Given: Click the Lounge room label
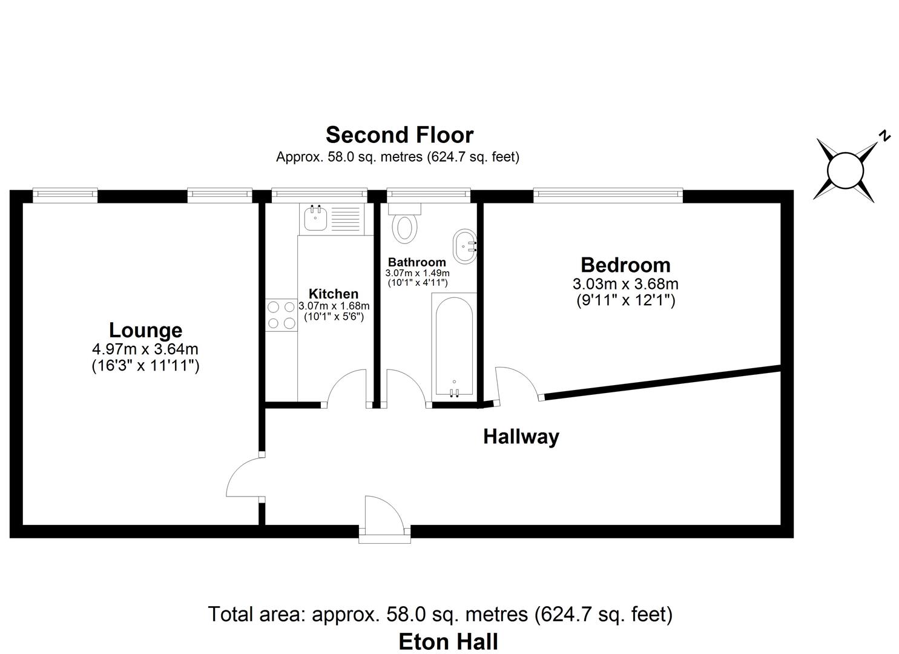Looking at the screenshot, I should pos(145,331).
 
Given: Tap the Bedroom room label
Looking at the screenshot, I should pos(625,265).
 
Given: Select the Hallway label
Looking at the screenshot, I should pos(521,437).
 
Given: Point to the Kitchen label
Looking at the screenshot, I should pos(334,294).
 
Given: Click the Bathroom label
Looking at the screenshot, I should pos(417,262).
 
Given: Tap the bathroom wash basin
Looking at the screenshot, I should pos(465,246).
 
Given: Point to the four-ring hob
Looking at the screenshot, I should pos(282,315).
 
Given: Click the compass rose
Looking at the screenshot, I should pos(845,170).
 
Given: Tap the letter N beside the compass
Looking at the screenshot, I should pos(884,136).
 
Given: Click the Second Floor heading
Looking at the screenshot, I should pos(400,134).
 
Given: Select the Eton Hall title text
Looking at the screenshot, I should pos(449,641).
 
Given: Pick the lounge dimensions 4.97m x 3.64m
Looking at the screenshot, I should pos(145,349).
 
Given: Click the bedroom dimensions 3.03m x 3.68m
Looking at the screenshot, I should pos(625,284).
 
